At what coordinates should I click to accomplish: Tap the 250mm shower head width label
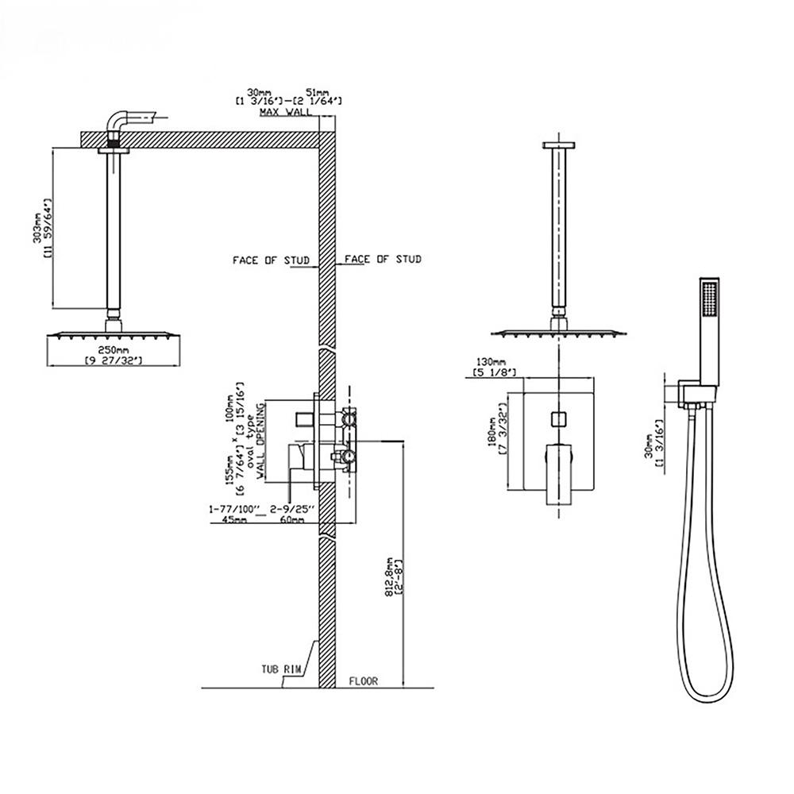click(x=113, y=349)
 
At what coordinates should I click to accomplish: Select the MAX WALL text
click(x=280, y=114)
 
